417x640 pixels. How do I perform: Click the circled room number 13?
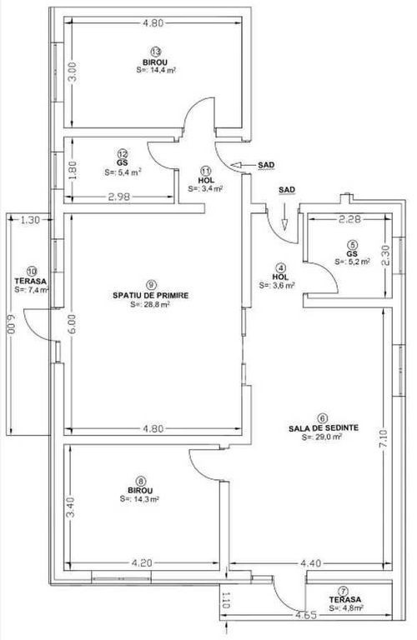pos(155,52)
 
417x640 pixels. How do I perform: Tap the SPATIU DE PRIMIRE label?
pos(151,295)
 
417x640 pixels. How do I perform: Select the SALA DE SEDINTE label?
pos(324,428)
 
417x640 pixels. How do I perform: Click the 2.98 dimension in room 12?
pos(119,197)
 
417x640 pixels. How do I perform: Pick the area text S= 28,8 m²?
pos(150,304)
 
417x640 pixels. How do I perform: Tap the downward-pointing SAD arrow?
pos(284,222)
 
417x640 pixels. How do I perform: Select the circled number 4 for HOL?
pos(280,268)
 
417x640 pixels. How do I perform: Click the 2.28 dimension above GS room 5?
pos(349,219)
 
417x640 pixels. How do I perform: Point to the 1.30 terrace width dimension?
pos(30,220)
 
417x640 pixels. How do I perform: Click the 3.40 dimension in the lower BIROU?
pos(71,507)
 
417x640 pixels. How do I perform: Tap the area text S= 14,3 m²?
pos(139,499)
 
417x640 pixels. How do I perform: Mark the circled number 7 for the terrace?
pos(344,591)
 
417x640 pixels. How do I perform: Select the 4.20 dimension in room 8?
pos(142,563)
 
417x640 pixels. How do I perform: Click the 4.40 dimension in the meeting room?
pos(311,563)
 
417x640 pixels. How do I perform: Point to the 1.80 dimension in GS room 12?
pos(73,170)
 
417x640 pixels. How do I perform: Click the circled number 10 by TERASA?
pos(32,271)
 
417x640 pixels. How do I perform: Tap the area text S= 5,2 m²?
pos(353,262)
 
